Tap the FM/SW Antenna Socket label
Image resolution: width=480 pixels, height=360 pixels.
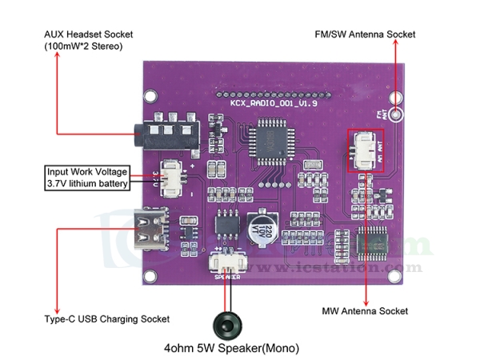(x=366, y=34)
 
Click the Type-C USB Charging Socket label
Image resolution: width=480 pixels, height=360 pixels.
(x=106, y=318)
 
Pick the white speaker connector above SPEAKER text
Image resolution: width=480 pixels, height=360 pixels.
(x=226, y=262)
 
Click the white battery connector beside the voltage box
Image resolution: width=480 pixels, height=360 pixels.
(x=172, y=177)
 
